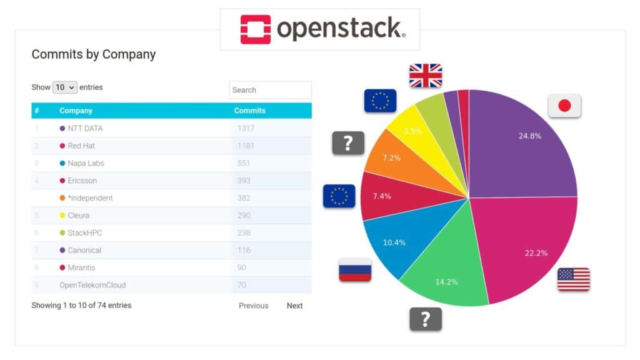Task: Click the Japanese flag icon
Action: click(564, 106)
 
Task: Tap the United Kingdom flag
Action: click(426, 76)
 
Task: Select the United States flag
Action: click(573, 279)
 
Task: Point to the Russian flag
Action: click(355, 269)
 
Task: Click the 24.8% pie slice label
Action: click(529, 136)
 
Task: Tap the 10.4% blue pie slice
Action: click(394, 242)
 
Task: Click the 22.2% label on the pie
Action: click(536, 252)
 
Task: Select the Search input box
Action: click(270, 90)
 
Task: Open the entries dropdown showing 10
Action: click(64, 87)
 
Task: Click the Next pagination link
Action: click(294, 306)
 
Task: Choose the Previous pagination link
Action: click(253, 306)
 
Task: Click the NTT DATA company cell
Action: click(85, 128)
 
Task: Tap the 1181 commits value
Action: click(244, 146)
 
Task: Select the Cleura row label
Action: click(79, 216)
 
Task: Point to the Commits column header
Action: click(249, 111)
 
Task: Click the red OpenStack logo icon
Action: click(256, 29)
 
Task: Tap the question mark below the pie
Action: click(426, 319)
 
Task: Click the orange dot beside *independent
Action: click(62, 198)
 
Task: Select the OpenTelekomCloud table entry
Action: click(92, 285)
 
